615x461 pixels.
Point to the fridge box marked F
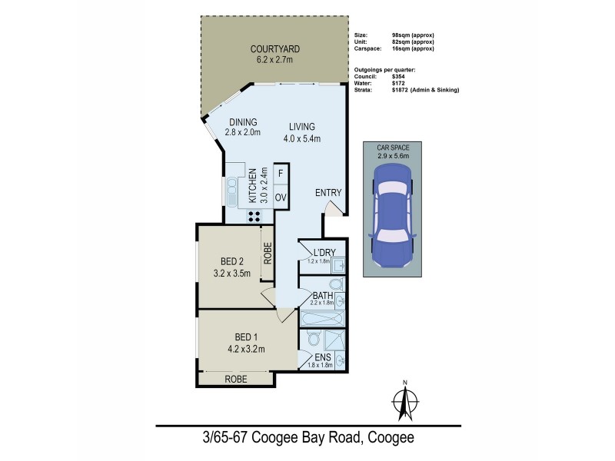[281, 174]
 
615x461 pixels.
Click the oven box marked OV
[281, 197]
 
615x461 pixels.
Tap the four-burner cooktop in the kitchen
[254, 215]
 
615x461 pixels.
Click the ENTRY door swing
[331, 210]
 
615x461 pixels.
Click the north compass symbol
[404, 400]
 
